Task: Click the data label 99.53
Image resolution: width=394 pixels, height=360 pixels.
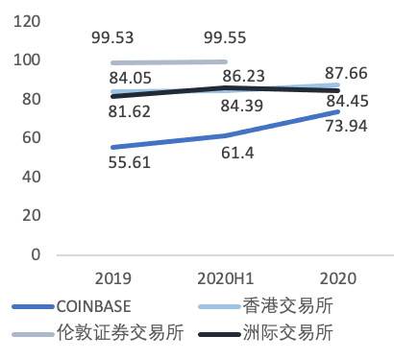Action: pos(114,39)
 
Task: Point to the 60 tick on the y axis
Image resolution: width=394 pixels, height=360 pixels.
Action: pos(32,138)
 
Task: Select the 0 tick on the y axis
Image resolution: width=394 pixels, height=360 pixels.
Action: pos(36,255)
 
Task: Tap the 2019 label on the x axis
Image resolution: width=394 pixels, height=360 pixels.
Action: pos(114,279)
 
